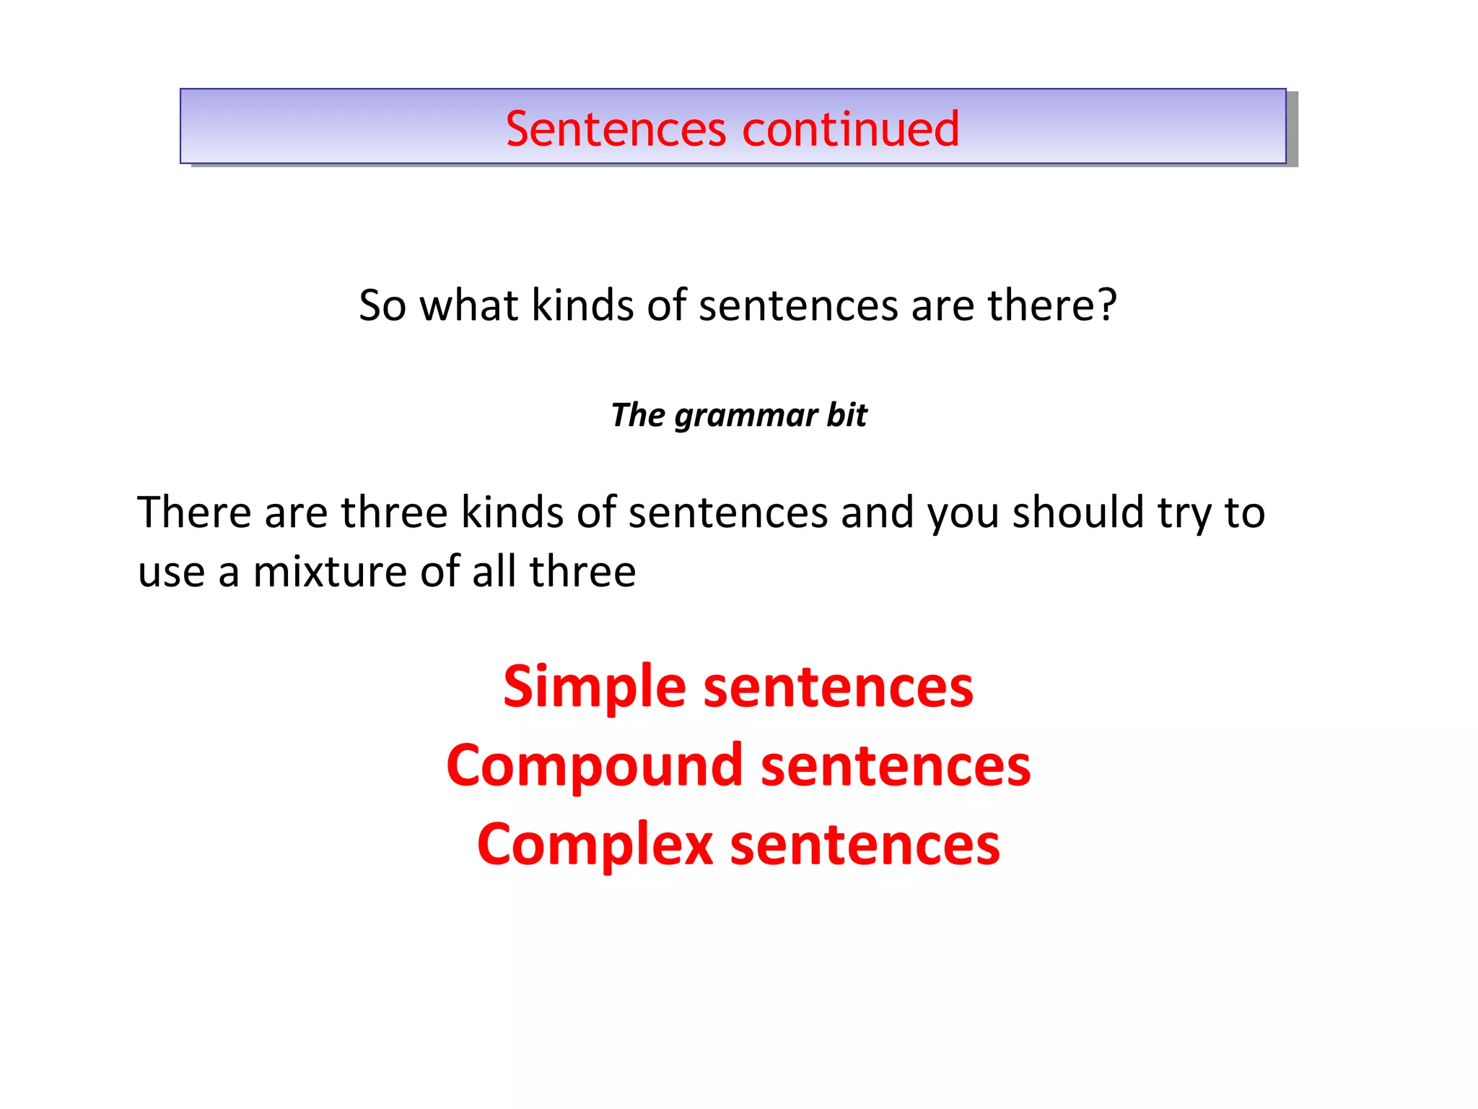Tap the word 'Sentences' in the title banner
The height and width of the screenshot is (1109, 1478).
click(x=616, y=129)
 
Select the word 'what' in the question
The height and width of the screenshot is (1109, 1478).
click(x=468, y=305)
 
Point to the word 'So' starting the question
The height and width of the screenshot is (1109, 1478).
click(x=382, y=305)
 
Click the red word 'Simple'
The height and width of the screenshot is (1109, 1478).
click(x=594, y=687)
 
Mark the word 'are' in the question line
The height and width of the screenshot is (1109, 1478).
click(x=943, y=305)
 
